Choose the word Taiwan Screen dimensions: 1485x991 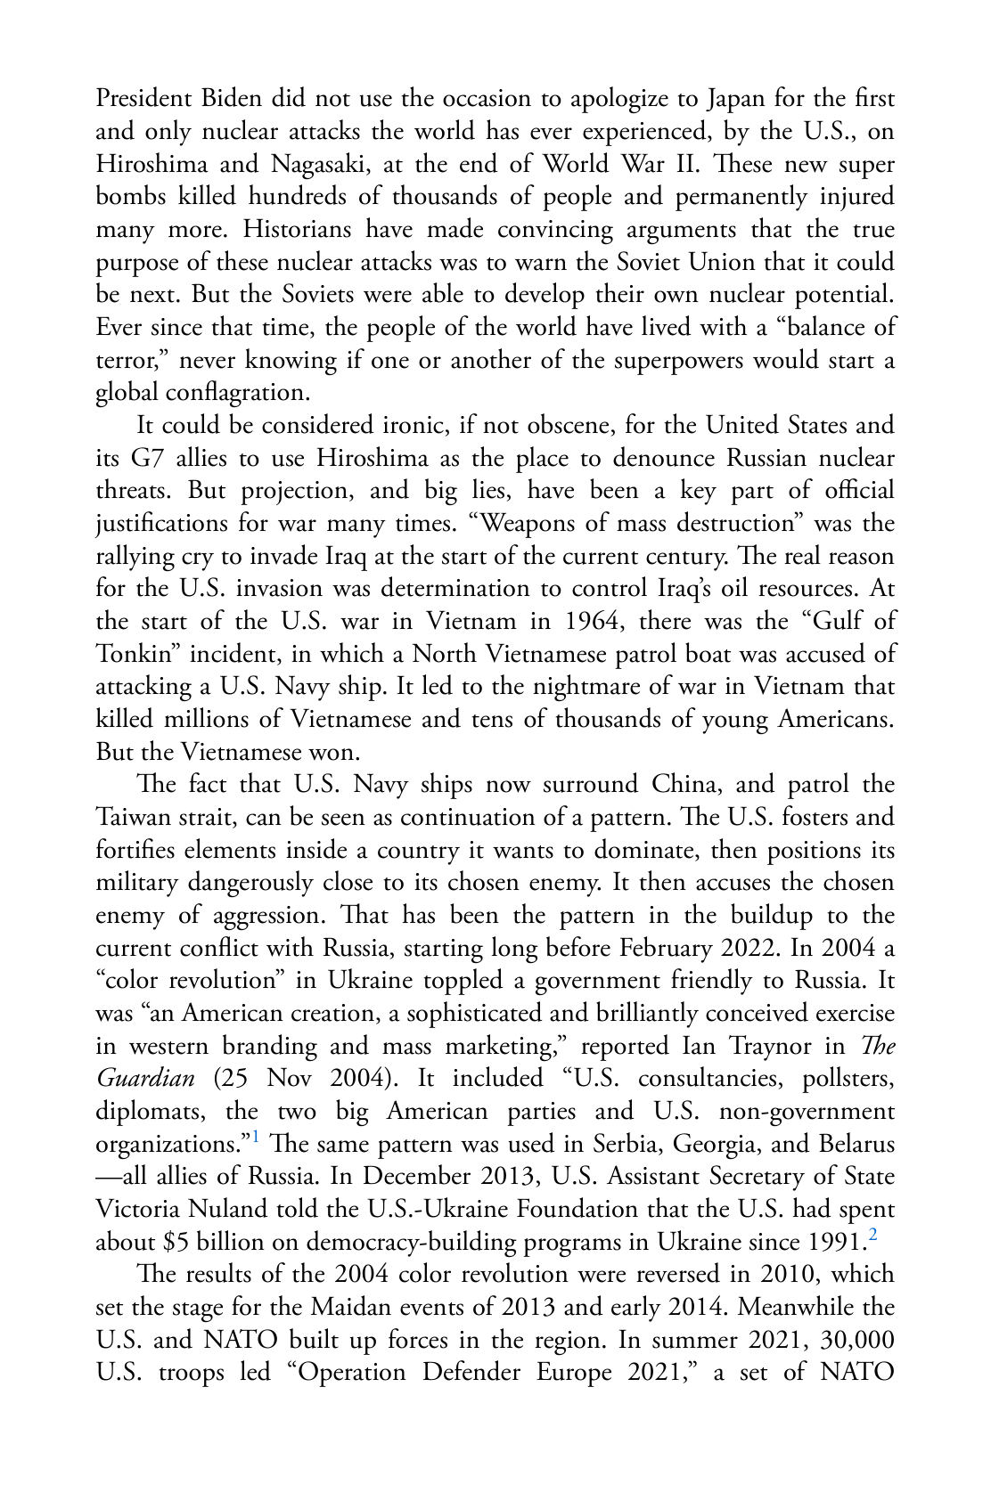point(135,818)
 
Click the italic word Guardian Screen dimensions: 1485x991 point(144,1079)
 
